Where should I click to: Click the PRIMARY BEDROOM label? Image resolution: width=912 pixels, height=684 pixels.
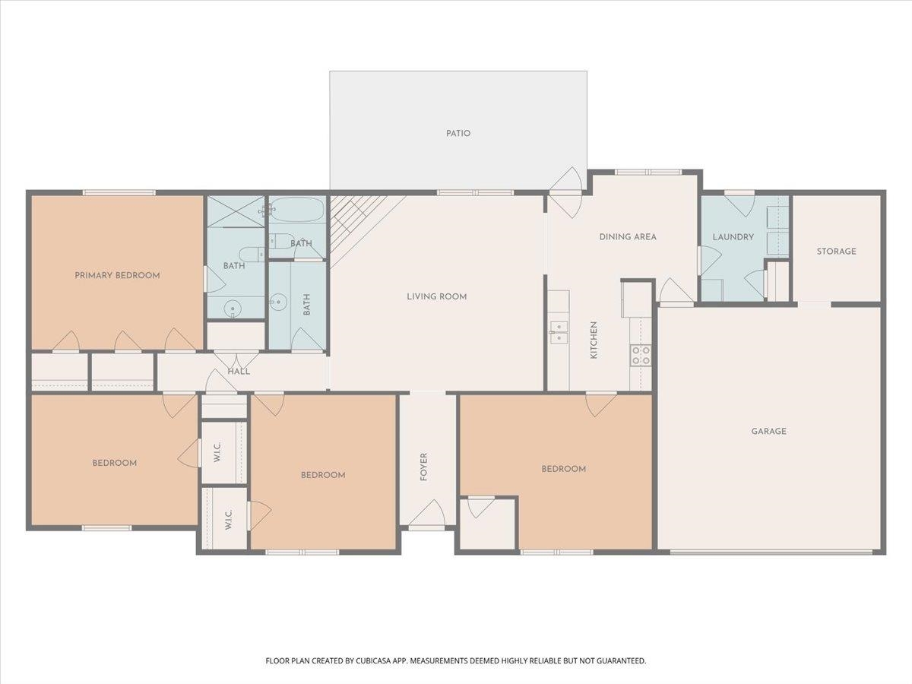(117, 275)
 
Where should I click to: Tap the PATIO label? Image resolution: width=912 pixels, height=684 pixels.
(458, 133)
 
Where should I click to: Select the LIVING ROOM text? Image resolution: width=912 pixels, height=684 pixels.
(436, 296)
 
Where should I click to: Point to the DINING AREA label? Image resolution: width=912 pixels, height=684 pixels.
(627, 236)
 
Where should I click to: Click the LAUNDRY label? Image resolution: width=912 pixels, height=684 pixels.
(733, 236)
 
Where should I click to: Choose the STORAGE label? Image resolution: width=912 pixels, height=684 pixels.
(836, 251)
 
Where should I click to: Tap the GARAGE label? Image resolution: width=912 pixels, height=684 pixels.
(768, 431)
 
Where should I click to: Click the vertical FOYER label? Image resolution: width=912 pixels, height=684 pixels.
(424, 467)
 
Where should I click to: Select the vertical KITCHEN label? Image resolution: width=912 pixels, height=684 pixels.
(594, 340)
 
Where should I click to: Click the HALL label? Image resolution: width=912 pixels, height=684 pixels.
(239, 371)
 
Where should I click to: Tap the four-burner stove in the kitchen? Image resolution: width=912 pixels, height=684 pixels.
(641, 355)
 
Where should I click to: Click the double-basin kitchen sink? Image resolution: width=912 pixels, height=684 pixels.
(559, 328)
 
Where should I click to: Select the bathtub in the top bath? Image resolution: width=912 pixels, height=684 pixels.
(297, 210)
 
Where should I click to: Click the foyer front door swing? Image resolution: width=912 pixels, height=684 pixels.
(428, 513)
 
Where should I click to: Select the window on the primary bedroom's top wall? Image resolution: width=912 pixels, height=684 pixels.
(119, 192)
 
